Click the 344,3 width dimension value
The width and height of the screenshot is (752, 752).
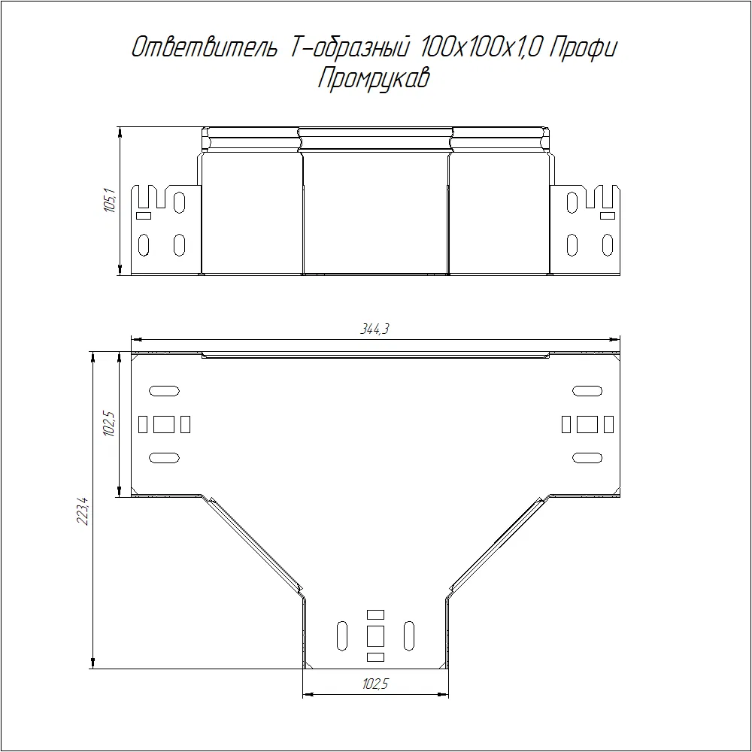coord(374,329)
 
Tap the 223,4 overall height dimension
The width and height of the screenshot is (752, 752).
coord(83,511)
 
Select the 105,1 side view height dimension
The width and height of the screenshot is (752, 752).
coord(110,201)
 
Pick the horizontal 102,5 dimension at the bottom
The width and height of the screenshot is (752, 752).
coord(375,684)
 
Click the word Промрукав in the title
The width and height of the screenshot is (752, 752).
coord(374,78)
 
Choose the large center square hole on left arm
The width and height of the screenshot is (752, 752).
coord(164,424)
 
